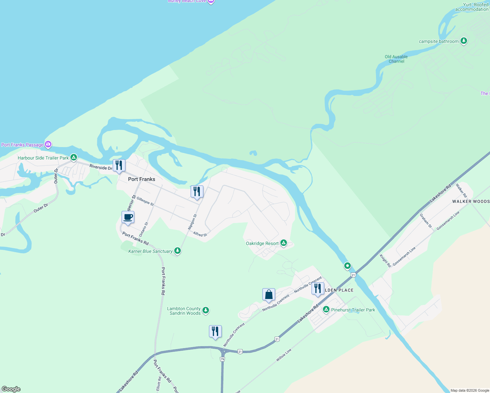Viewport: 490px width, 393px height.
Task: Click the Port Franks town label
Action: coord(141,179)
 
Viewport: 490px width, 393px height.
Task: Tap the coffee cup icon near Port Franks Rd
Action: coord(128,217)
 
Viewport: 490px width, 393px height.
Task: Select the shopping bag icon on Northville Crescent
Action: coord(269,294)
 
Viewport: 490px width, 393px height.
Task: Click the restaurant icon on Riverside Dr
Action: coord(119,165)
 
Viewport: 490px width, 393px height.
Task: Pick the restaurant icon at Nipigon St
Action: coord(197,192)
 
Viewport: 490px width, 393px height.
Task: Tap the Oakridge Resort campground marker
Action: coord(284,243)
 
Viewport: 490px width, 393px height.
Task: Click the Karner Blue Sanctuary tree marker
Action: coord(178,251)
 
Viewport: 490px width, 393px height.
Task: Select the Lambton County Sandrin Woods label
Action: coord(184,311)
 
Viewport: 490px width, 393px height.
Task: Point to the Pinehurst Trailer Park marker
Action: coord(326,309)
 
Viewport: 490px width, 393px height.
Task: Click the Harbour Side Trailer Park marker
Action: coord(74,158)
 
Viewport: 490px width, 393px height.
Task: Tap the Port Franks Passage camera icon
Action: coord(48,144)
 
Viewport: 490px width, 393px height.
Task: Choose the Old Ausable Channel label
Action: coord(396,59)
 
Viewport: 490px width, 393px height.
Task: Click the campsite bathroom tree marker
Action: coord(463,41)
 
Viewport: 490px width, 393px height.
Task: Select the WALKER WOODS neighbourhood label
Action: coord(471,201)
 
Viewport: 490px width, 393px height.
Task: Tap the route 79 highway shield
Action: coord(222,359)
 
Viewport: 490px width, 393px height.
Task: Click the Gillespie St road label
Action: coord(145,201)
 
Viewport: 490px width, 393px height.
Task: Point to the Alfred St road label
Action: coord(200,234)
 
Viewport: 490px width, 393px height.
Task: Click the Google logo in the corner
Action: coord(11,389)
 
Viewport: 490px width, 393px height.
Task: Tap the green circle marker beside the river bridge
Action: coord(348,266)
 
